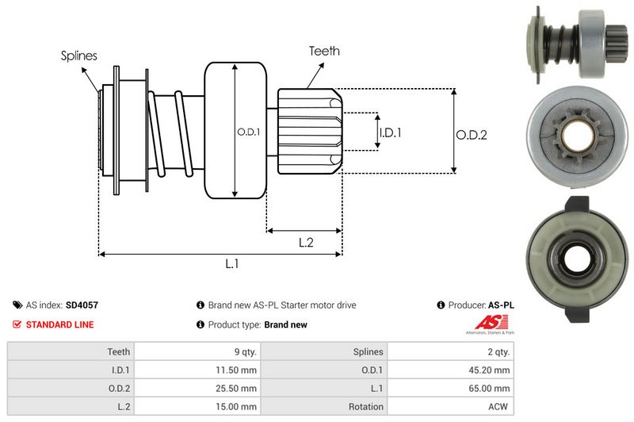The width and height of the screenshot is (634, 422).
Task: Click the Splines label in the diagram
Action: coord(79,56)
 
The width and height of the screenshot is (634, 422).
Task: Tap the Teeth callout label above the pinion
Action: coord(324,51)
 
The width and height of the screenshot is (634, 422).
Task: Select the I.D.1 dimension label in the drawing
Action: coord(390,132)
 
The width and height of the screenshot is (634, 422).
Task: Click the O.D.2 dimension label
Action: coord(471,135)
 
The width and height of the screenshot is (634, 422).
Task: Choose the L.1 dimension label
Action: coord(231,264)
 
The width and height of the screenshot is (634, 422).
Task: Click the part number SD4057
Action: coord(82,305)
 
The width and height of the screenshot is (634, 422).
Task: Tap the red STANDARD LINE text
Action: coord(59,324)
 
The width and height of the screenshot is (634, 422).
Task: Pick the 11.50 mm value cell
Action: coord(239,369)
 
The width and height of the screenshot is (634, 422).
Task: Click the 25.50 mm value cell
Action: coord(239,388)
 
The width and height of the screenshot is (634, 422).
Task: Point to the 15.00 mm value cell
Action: coord(239,407)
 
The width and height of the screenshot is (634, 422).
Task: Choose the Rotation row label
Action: coord(366,407)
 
